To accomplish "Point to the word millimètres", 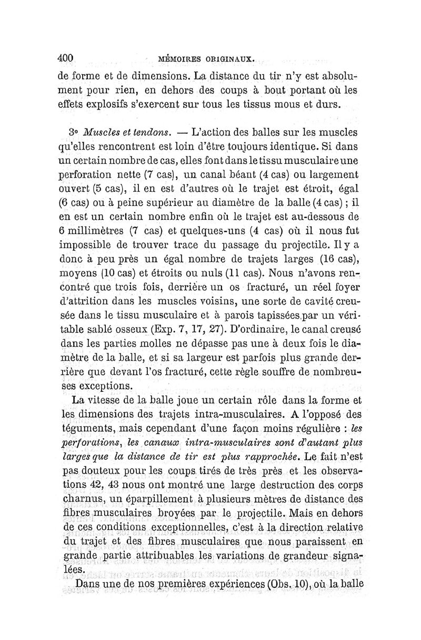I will pos(96,231).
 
